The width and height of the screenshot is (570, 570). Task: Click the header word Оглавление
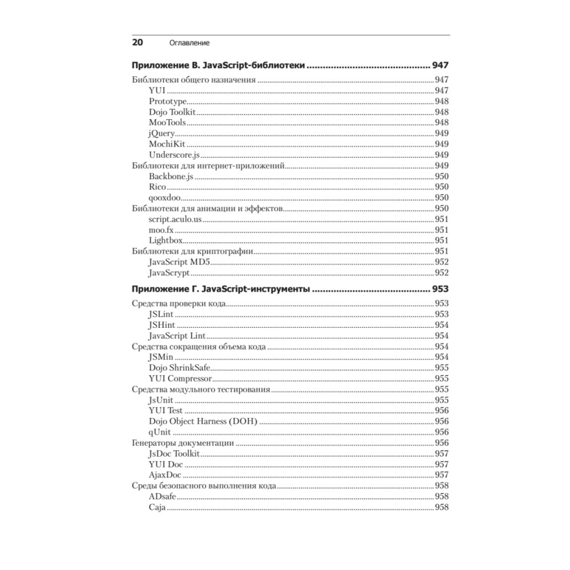click(189, 43)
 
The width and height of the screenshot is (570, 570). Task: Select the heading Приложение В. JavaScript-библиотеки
click(219, 64)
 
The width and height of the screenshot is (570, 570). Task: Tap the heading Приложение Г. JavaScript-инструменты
click(221, 289)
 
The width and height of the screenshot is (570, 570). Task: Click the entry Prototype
click(168, 101)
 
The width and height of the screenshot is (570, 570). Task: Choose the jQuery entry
click(161, 133)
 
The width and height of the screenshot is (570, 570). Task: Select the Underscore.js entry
click(173, 154)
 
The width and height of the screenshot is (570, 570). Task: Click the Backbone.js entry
click(171, 176)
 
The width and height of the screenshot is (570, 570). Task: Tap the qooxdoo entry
click(163, 197)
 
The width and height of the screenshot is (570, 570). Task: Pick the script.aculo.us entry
click(175, 219)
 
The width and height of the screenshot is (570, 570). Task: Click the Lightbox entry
click(165, 240)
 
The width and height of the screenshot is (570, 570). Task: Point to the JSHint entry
click(161, 325)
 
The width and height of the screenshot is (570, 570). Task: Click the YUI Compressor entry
click(180, 378)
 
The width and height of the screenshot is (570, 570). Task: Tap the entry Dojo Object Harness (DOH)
click(203, 421)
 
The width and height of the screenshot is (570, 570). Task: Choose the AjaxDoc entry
click(165, 475)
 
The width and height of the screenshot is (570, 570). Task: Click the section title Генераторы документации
click(183, 443)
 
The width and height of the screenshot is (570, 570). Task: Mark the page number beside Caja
click(441, 507)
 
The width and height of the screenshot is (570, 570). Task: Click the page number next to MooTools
click(441, 123)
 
